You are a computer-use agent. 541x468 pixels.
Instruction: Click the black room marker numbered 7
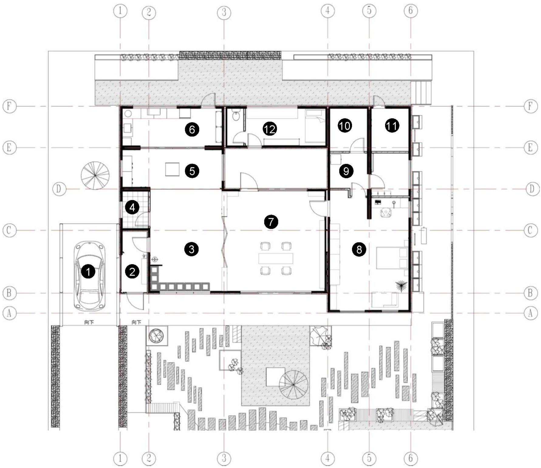pos(271,222)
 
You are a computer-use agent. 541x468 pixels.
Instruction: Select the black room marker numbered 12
pos(270,129)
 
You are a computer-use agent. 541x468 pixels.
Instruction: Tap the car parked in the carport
pos(89,276)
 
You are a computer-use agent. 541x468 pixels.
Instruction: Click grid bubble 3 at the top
pos(224,13)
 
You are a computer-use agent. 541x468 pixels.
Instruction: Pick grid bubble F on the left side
pos(9,106)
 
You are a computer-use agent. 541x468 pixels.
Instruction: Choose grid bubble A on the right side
pos(531,313)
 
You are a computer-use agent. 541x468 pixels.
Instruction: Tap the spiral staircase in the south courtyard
pos(293,385)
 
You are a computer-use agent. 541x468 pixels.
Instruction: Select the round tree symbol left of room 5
pos(95,175)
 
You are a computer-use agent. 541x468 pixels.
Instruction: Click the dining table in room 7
pos(276,258)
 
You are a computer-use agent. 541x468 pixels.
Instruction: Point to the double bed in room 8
pos(392,258)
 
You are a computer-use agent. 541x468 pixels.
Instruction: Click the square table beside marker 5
pos(172,169)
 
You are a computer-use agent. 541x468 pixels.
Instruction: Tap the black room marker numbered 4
pos(132,208)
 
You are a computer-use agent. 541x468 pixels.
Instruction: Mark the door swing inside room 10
pos(358,145)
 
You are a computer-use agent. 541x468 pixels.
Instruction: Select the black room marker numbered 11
pos(392,126)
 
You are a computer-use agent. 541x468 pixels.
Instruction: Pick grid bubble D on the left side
pos(59,189)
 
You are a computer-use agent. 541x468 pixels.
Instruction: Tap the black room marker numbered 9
pos(346,171)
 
